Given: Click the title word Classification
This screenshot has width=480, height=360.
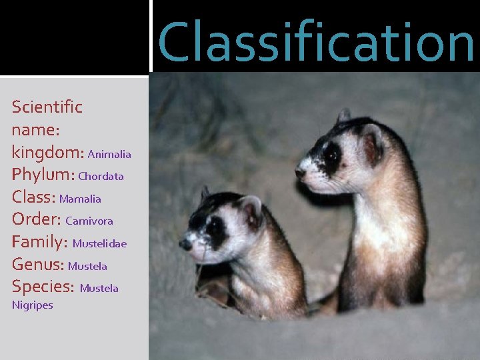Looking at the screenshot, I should (316, 41).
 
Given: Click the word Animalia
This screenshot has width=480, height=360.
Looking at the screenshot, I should (109, 155).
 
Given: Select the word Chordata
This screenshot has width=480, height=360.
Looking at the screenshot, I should (101, 177).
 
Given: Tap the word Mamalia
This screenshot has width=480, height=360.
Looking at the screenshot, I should (80, 199).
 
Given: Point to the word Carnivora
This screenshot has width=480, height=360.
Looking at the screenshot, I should (89, 221).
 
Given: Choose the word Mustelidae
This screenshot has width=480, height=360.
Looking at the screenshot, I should (99, 244).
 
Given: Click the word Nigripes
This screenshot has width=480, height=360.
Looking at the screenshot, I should (32, 305).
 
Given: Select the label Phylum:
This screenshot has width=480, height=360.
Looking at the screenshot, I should (43, 175).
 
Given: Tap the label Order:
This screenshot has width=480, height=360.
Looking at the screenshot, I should (37, 219).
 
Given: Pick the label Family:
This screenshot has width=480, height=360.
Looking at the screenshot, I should (39, 243).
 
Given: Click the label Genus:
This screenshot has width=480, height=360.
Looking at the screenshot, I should (38, 265).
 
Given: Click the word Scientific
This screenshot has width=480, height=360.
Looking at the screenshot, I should (47, 107).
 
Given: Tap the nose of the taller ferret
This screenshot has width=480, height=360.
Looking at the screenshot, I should (301, 173).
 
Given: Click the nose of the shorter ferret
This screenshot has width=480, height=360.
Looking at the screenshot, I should (185, 245).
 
